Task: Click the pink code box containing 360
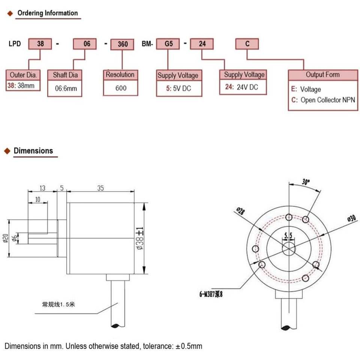coord(122,44)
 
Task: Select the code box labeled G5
coord(168,43)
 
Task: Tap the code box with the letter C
coord(247,43)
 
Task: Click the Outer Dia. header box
coord(23,75)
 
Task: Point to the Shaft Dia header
coord(65,75)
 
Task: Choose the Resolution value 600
coord(121,88)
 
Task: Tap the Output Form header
coord(323,75)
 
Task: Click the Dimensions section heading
coord(33,151)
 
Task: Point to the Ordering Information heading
coord(48,13)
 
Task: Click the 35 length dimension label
coord(100,188)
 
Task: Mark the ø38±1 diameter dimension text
coord(140,238)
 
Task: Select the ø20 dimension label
coord(6,238)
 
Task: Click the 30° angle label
coord(306,182)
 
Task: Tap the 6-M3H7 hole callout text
coord(211,294)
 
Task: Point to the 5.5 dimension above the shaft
coord(288,235)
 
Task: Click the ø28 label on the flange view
coord(240,211)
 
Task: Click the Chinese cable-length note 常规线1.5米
coord(58,304)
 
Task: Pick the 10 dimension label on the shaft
coord(37,199)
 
